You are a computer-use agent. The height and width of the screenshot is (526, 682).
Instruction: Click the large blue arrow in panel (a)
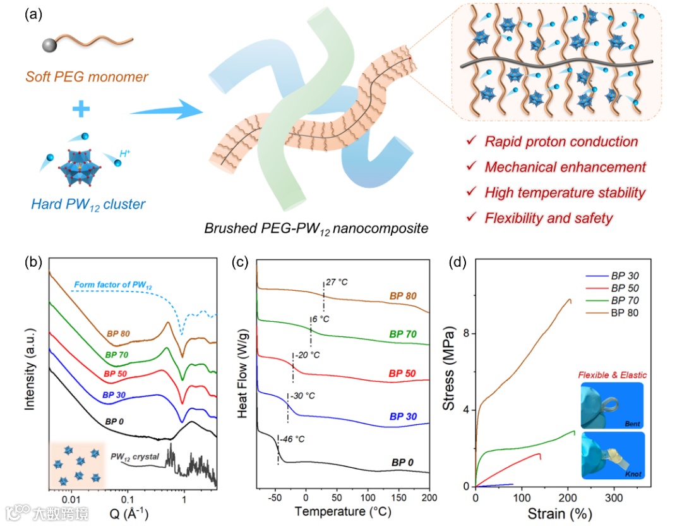(165, 110)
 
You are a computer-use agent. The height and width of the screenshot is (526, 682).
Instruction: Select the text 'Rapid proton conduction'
(561, 142)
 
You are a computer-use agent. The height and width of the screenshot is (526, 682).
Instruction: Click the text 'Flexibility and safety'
(548, 218)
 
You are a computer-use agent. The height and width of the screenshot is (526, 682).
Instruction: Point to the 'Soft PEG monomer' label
(87, 78)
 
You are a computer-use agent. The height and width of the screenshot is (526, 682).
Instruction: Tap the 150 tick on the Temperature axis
(398, 499)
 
